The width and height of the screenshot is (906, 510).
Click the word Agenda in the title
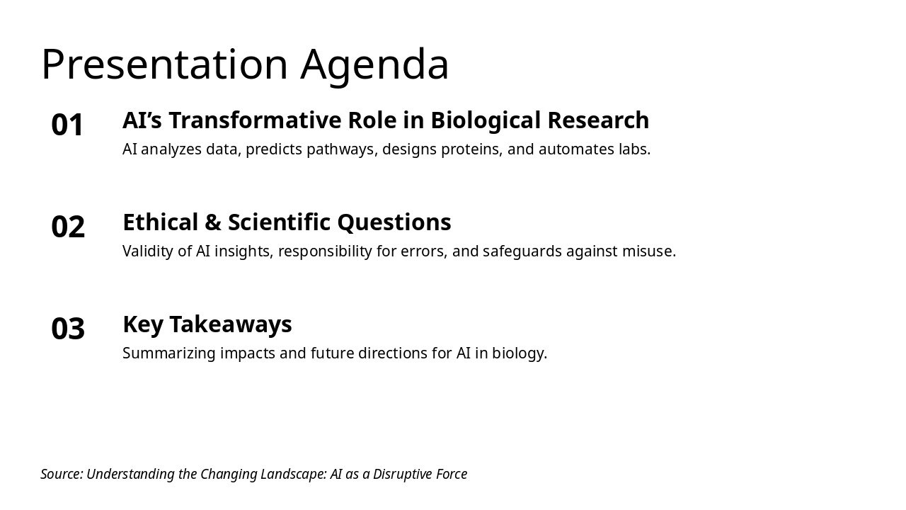[x=374, y=65]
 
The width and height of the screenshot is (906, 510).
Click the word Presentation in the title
[x=164, y=65]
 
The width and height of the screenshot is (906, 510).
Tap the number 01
[x=68, y=125]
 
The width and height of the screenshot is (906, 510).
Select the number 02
[x=68, y=227]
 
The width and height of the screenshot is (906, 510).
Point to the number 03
[x=68, y=329]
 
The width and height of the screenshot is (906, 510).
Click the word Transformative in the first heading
[x=245, y=120]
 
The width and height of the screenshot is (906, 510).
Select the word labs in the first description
[x=634, y=149]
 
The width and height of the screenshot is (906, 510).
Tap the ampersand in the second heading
[x=213, y=222]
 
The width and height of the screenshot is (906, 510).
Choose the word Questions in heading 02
[x=394, y=222]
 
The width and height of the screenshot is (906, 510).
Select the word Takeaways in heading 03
[x=230, y=324]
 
